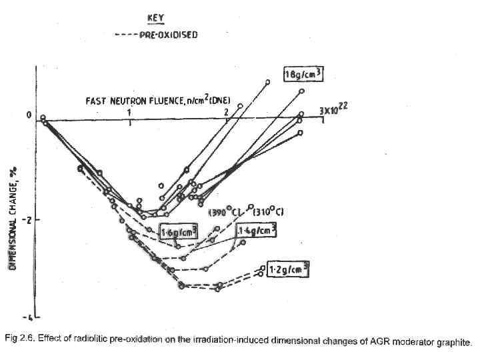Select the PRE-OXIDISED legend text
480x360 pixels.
coord(168,35)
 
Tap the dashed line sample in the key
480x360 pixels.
coord(125,35)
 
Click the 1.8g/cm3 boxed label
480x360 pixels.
coord(303,75)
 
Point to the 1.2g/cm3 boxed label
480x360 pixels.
coord(288,270)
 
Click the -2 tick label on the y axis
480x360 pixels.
coord(29,219)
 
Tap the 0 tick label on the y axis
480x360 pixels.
coord(29,116)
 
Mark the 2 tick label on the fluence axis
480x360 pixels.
coord(227,111)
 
